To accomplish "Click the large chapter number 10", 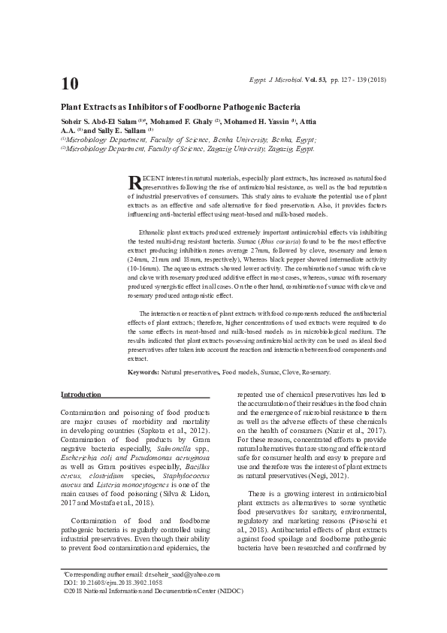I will [70, 83].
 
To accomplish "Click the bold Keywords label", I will [143, 372].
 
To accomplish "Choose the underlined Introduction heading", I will [80, 395].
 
